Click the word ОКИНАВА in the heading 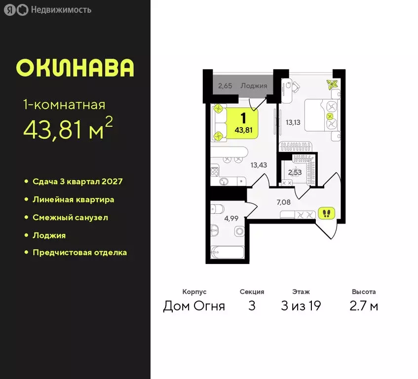click(75, 68)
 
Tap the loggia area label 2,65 click(225, 86)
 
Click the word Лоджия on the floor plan click(254, 86)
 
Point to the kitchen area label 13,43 click(259, 165)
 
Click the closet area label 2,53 click(296, 172)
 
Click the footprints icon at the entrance click(326, 213)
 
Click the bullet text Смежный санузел click(70, 217)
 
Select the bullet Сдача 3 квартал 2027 click(77, 181)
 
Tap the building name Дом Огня click(194, 306)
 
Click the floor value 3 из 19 click(301, 306)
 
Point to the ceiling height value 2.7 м click(364, 306)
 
